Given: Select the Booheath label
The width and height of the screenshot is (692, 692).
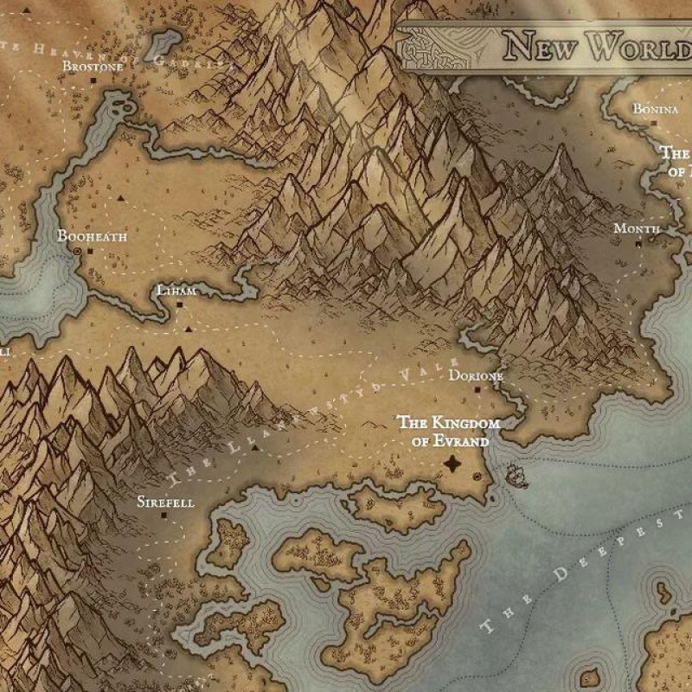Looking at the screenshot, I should point(92,235).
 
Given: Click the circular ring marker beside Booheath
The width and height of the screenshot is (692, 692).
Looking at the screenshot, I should point(77,251).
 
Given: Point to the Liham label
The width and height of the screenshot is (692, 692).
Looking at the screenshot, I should point(176,291).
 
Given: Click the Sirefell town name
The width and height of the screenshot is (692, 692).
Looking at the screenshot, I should point(166,502).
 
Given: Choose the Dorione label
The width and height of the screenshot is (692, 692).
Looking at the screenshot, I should point(475,376).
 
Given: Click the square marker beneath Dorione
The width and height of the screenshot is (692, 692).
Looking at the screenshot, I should point(477,390).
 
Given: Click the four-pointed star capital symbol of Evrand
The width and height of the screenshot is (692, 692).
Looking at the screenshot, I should point(452,465).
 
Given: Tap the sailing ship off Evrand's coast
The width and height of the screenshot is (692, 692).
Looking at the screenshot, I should point(516,476).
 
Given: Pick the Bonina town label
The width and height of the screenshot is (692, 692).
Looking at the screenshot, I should point(656,109).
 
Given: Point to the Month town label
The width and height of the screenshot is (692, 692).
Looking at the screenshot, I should point(637,228).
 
